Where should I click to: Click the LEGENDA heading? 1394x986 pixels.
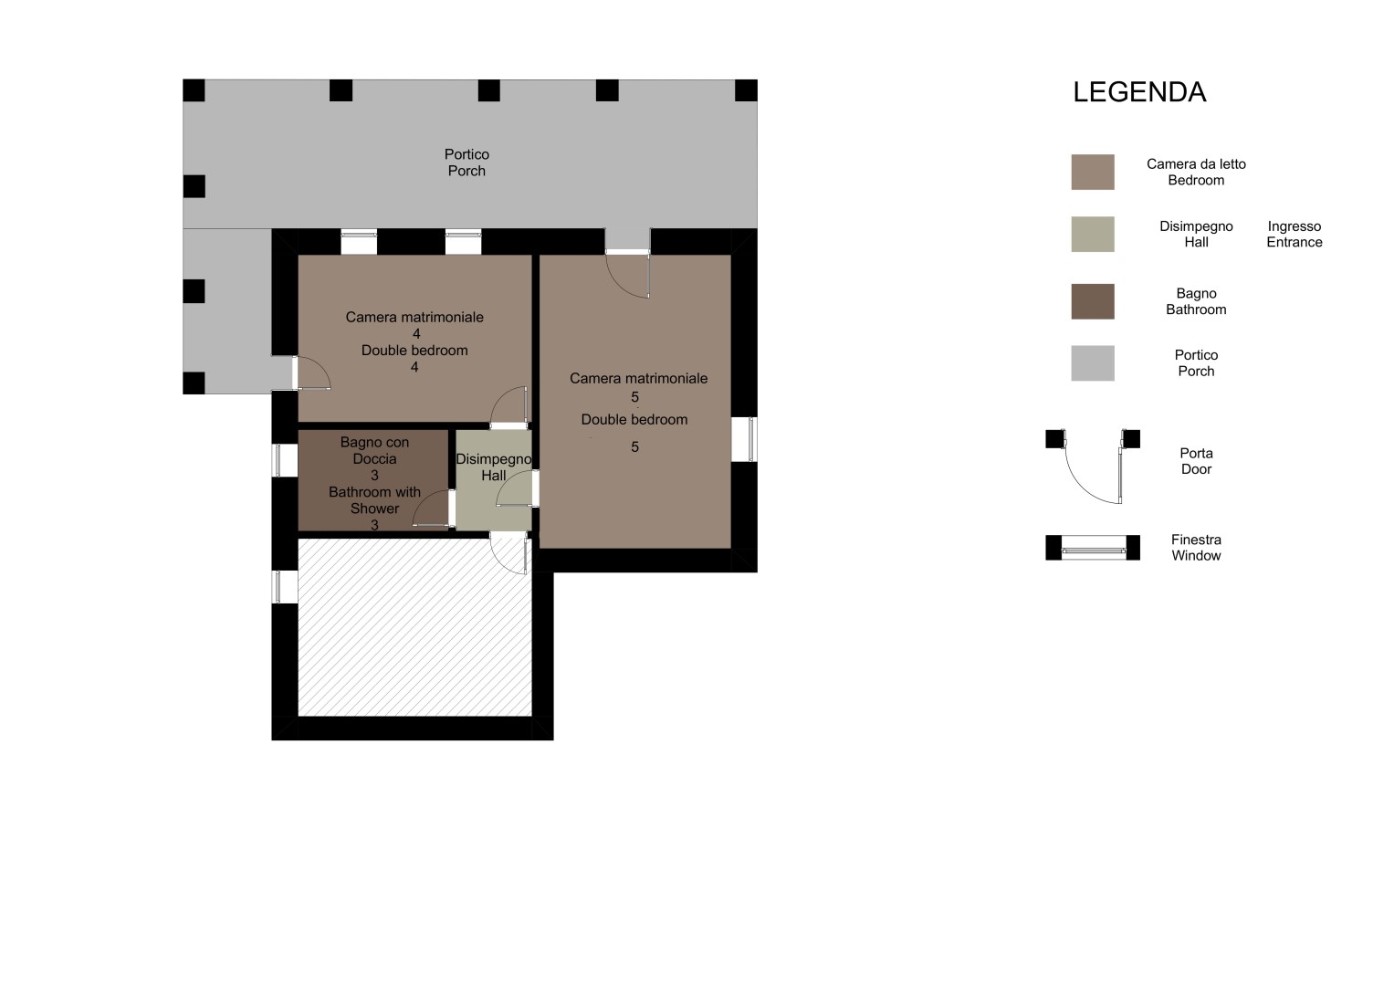(1139, 92)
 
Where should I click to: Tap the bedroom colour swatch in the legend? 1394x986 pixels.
(1092, 172)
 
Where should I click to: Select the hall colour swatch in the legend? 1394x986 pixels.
(1092, 234)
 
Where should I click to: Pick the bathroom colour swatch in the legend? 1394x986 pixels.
(1092, 301)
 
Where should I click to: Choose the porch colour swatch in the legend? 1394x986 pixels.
(1092, 363)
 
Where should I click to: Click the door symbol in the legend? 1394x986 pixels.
(1092, 466)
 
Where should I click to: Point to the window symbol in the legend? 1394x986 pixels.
(1092, 548)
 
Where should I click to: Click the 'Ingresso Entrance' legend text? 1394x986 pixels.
(1294, 234)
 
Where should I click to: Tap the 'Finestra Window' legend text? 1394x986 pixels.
(1196, 548)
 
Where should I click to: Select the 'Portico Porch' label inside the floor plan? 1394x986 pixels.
(466, 163)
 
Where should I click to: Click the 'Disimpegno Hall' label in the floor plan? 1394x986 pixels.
(494, 467)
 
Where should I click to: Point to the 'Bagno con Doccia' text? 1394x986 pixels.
(374, 451)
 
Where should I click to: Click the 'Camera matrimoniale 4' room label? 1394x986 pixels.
(415, 325)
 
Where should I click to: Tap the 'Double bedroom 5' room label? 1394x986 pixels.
(634, 433)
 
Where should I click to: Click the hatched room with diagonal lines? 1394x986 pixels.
(414, 627)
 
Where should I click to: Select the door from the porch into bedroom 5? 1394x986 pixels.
(628, 274)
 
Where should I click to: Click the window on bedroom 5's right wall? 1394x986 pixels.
(744, 439)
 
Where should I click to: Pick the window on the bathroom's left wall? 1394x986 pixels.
(285, 460)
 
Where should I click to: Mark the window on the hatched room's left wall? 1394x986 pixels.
(285, 587)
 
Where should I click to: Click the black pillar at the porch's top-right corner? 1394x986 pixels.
(746, 90)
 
